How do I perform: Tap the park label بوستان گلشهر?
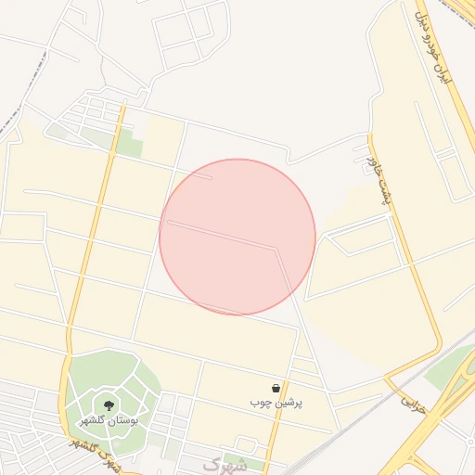pyautogui.click(x=109, y=421)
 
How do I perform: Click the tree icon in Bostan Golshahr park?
pyautogui.click(x=109, y=405)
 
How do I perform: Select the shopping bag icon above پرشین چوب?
pyautogui.click(x=276, y=388)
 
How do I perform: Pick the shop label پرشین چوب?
pyautogui.click(x=276, y=404)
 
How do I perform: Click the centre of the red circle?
pyautogui.click(x=237, y=237)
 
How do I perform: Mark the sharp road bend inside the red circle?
pyautogui.click(x=276, y=248)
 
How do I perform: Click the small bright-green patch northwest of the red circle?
pyautogui.click(x=129, y=146)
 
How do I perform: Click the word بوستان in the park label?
pyautogui.click(x=122, y=421)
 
